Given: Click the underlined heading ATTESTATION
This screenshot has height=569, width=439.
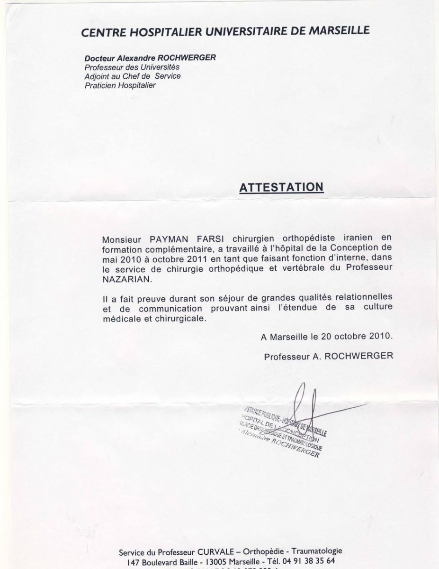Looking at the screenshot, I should point(281,187).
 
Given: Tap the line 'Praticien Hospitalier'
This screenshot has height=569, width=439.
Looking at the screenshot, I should point(120,85).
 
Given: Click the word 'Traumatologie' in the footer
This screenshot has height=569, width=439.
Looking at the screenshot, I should point(317,551).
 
